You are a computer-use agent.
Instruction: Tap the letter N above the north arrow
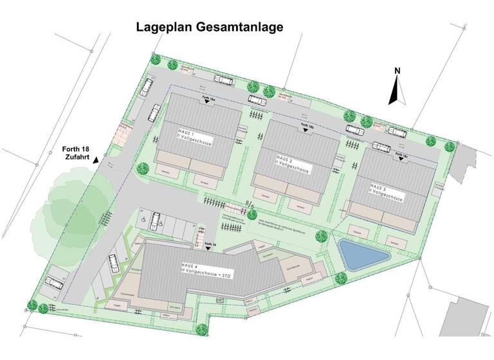(398, 71)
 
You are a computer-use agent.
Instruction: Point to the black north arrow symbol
(397, 91)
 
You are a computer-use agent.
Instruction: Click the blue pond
(363, 255)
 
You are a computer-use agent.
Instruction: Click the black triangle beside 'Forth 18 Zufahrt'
(96, 159)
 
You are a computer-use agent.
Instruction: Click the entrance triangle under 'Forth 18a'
(207, 105)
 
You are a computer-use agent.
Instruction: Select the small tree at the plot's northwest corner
(155, 59)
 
